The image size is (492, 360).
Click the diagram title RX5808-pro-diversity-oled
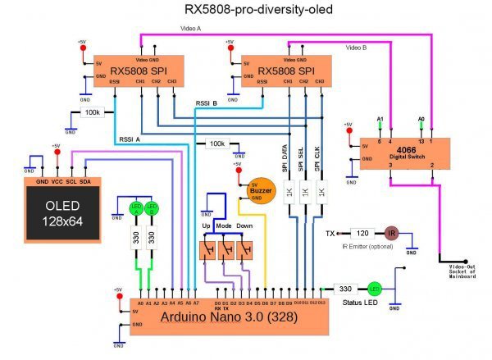point(246,11)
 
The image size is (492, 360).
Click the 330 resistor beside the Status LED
point(345,289)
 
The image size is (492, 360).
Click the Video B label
point(356,48)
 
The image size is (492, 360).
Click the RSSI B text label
point(206,103)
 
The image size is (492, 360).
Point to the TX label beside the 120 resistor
point(330,234)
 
